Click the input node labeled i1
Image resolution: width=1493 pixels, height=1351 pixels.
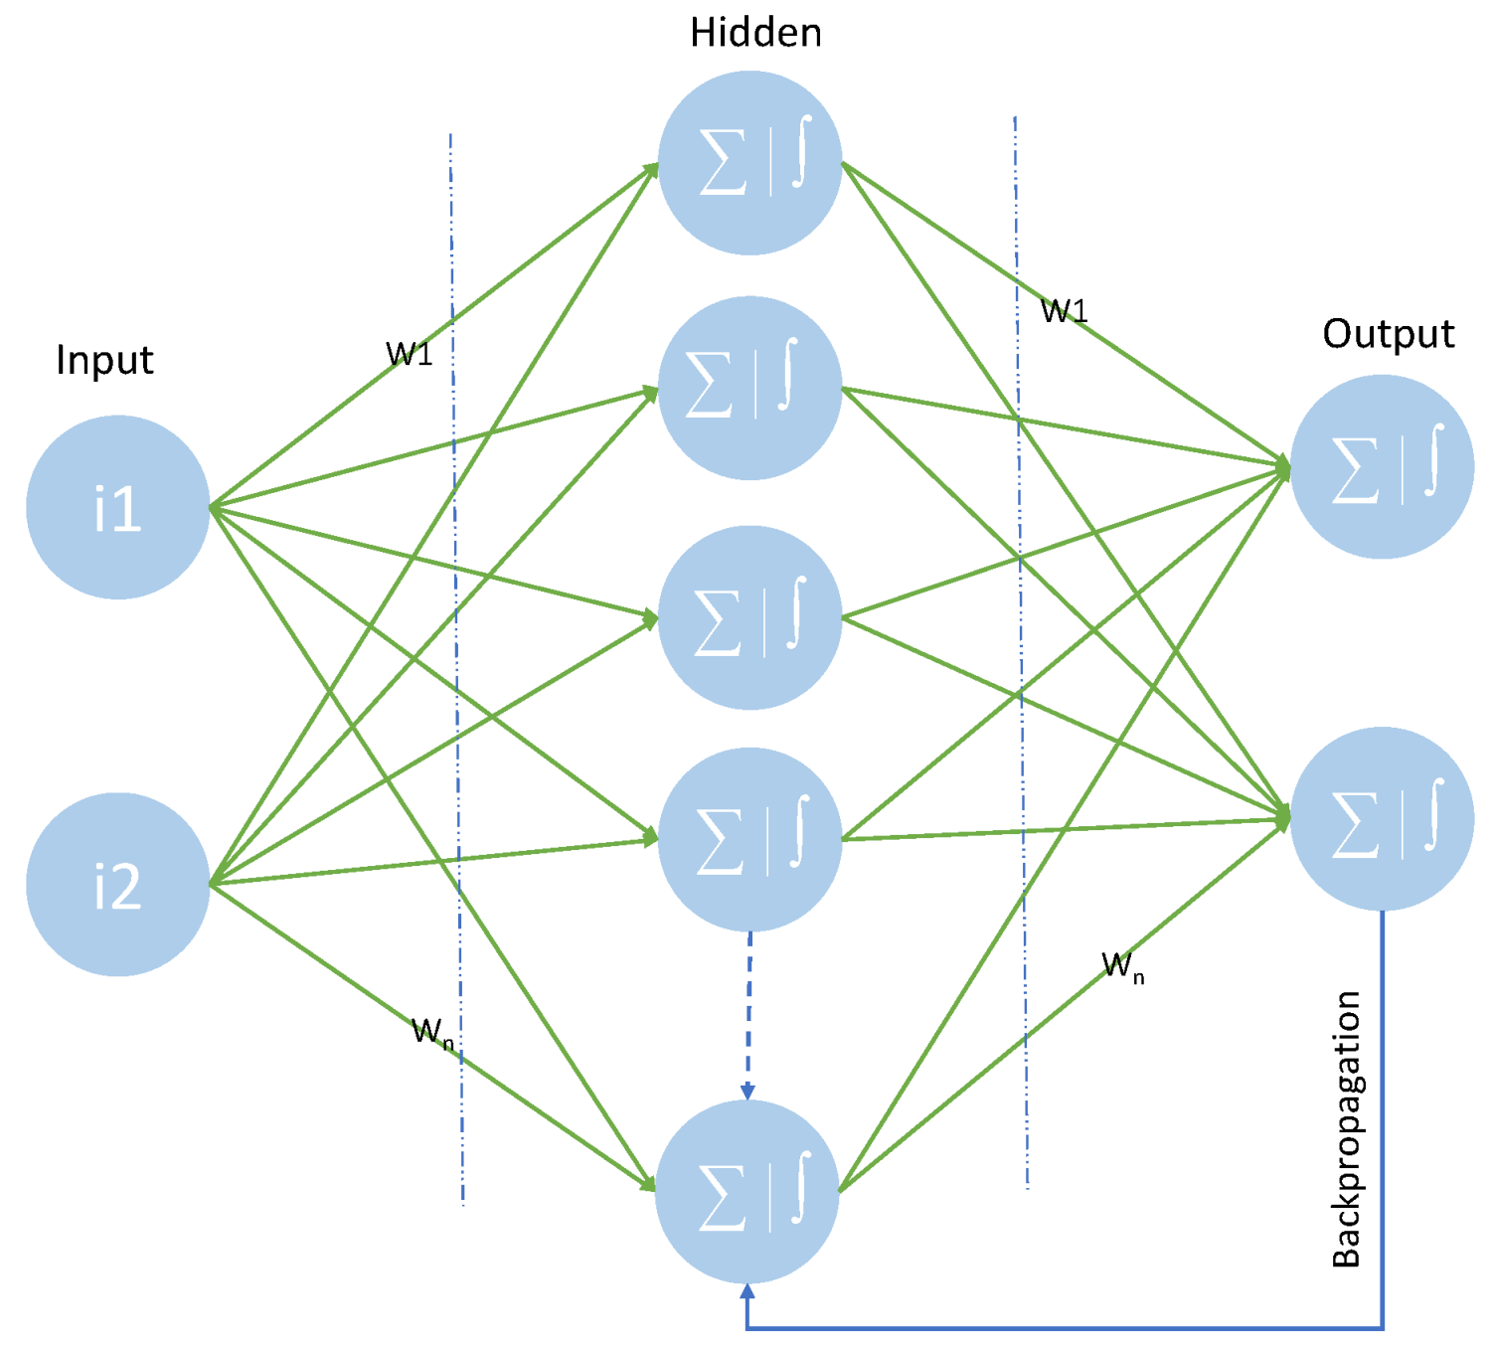(117, 507)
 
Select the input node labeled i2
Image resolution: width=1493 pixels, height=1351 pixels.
(117, 884)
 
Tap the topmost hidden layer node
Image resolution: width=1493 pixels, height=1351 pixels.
(749, 163)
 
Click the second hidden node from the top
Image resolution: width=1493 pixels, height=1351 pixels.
(749, 388)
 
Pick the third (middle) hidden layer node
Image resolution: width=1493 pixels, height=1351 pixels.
(749, 617)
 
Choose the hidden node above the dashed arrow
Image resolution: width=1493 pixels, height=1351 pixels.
(749, 839)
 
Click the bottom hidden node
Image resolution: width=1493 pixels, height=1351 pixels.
(747, 1192)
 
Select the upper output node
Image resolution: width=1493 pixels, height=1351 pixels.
(1382, 466)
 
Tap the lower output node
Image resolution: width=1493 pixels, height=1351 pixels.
(1382, 818)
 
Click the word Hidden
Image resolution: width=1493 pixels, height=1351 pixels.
(755, 33)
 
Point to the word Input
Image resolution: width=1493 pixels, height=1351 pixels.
(104, 360)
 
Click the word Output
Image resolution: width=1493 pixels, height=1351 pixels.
(1388, 334)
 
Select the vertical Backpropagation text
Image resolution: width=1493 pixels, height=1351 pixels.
(1346, 1128)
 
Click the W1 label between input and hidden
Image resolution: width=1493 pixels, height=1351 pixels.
(409, 354)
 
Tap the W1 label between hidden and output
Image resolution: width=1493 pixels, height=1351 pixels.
(1064, 311)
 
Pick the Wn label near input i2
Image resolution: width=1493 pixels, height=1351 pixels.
(432, 1032)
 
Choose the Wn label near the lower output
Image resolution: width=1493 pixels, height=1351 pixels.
(1122, 966)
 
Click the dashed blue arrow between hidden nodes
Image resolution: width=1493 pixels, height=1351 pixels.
(748, 1014)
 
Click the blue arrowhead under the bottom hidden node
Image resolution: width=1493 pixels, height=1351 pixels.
(747, 1291)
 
